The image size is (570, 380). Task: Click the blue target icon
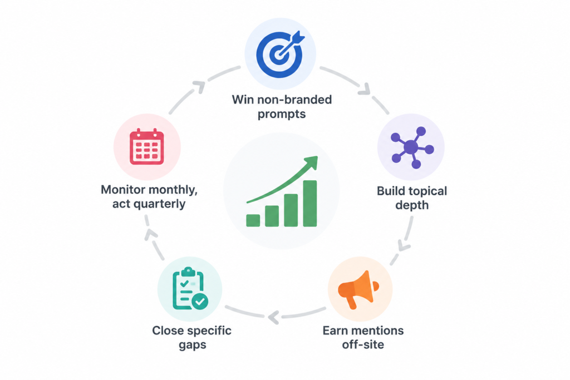point(279,54)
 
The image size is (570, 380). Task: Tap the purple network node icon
point(412,147)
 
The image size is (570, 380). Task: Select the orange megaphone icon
point(358,289)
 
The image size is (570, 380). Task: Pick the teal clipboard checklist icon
point(190,288)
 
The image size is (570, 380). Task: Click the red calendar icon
point(147,146)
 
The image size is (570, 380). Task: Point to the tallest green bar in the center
point(309,204)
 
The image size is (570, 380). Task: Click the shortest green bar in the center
point(253,220)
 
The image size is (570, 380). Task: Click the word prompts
point(282,115)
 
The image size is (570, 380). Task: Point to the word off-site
point(363,344)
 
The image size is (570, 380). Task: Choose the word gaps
point(192,345)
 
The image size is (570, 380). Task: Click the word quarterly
point(159,204)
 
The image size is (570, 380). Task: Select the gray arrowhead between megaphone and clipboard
point(274,317)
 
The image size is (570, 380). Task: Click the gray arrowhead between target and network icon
point(365,90)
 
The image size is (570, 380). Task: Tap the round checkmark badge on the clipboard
point(200,301)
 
